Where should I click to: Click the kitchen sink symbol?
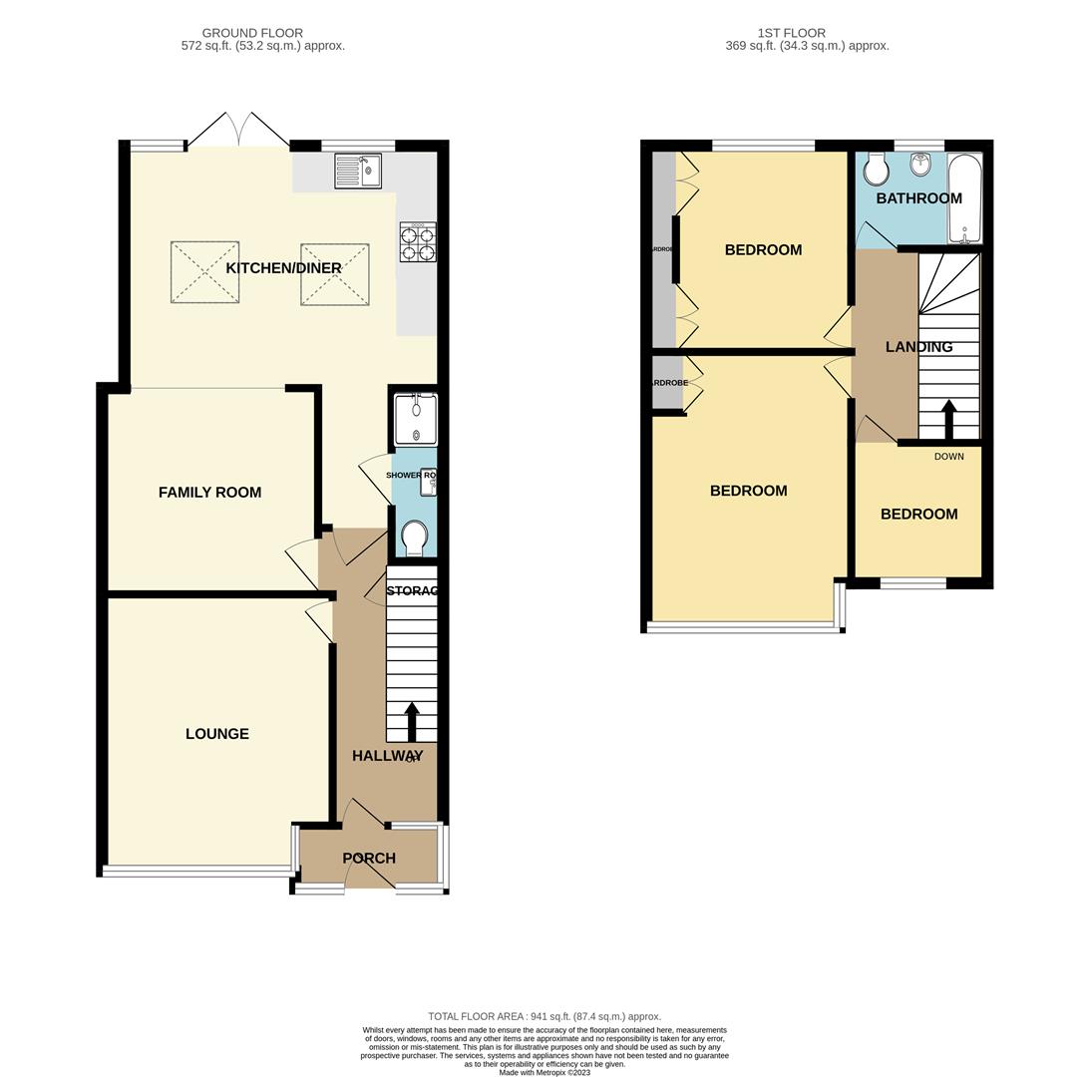(x=358, y=171)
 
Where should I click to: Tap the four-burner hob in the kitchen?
(x=418, y=242)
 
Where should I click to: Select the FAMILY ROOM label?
(x=209, y=492)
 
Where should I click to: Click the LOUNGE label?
(x=217, y=734)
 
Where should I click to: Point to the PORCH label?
(x=369, y=858)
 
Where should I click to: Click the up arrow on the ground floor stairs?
(x=411, y=721)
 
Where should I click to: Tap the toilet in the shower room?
(x=414, y=537)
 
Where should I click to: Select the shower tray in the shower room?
(x=416, y=420)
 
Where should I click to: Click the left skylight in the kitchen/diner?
(x=204, y=271)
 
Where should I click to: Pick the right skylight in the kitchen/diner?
(x=335, y=272)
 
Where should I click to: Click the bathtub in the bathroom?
(x=964, y=198)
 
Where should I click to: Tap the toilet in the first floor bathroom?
(x=877, y=170)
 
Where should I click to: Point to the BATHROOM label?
(x=918, y=198)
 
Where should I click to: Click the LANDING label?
(x=918, y=347)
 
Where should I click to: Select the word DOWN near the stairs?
(x=948, y=457)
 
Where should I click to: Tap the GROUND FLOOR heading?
(x=252, y=33)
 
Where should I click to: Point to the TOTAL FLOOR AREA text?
(x=544, y=1016)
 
